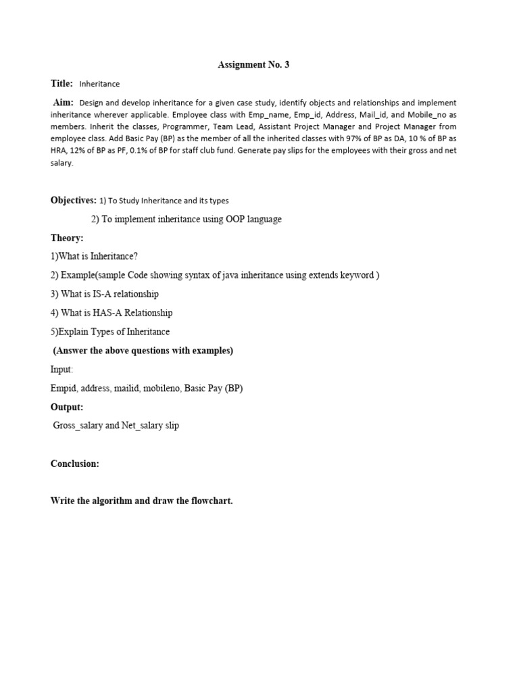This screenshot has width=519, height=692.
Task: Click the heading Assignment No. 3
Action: coord(253,65)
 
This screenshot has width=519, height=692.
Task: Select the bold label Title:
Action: coord(61,83)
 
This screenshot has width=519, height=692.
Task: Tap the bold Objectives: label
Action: coord(74,200)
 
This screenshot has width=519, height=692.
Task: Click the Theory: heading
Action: coord(67,238)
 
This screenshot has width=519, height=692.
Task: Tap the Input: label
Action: coord(61,370)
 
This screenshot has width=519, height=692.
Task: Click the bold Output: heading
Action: coord(67,407)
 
